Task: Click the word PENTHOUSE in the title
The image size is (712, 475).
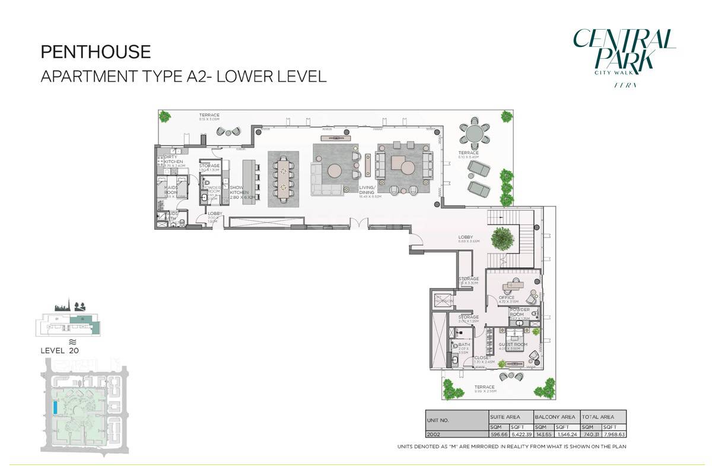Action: point(96,52)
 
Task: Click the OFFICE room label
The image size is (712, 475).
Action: point(506,298)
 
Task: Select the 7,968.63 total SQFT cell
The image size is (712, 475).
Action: point(614,434)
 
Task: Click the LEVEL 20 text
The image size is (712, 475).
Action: point(59,350)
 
